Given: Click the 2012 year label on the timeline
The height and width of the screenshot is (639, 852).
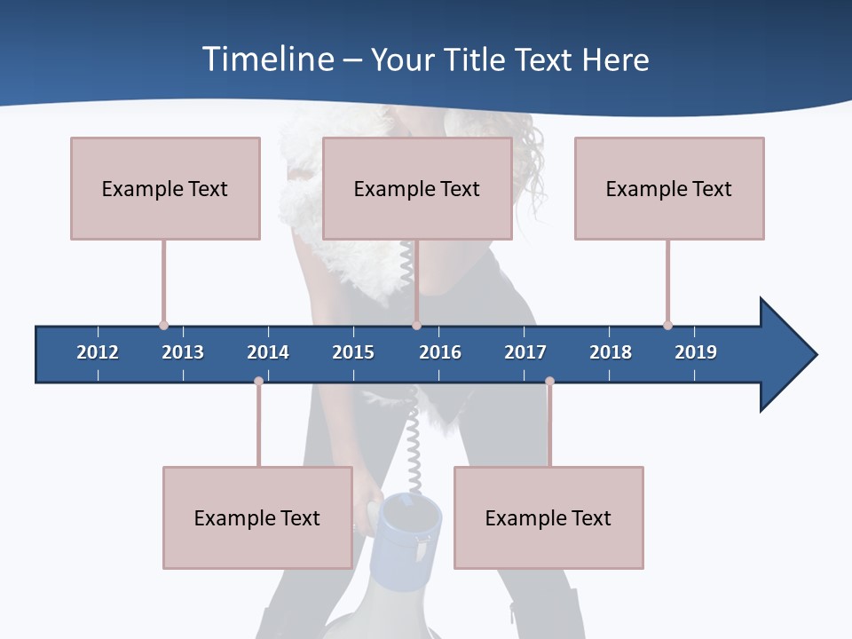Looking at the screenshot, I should pos(98,352).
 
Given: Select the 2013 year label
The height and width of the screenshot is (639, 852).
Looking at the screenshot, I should pos(183,352).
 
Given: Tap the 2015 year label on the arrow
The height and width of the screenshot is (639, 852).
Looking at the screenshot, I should pos(353,352).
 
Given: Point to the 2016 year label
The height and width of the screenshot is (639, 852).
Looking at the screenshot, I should pos(440,352).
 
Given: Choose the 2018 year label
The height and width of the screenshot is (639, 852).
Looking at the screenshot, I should pos(611,352).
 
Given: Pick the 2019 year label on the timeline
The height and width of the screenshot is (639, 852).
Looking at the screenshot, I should pos(696,352).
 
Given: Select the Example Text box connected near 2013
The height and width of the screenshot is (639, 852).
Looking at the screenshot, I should pos(165,188).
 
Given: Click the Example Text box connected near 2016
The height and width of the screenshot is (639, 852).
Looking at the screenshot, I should pos(417,188).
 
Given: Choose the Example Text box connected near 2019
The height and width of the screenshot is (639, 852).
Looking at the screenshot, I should pos(669,188).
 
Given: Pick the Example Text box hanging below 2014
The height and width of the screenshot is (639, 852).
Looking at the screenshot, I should pos(257,517).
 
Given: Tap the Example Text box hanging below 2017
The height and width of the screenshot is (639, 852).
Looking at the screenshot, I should pos(548,517).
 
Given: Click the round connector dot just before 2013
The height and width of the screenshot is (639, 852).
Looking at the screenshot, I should pos(163,325).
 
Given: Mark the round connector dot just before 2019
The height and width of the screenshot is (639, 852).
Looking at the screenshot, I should pos(667,325).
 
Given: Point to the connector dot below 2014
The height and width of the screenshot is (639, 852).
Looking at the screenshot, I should pos(258,382).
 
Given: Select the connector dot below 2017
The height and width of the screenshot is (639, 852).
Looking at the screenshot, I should pos(549,382).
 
